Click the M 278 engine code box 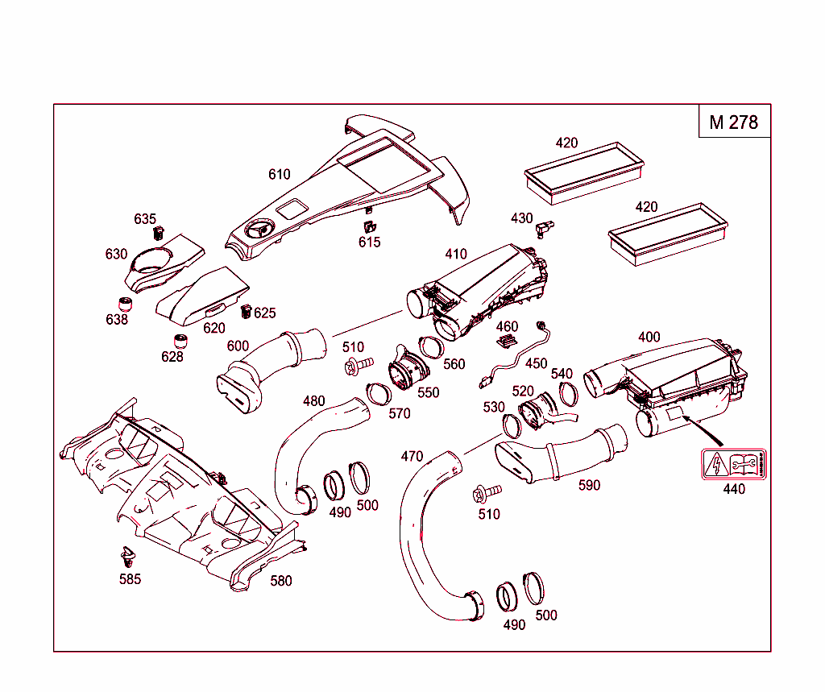click(733, 122)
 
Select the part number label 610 click(280, 174)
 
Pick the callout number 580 click(281, 580)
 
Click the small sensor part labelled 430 click(545, 228)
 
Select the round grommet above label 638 click(125, 305)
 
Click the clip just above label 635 click(158, 234)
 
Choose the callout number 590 click(590, 486)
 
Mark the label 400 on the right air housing click(649, 337)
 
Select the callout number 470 click(412, 456)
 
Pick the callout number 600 click(238, 346)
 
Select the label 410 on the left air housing click(456, 255)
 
